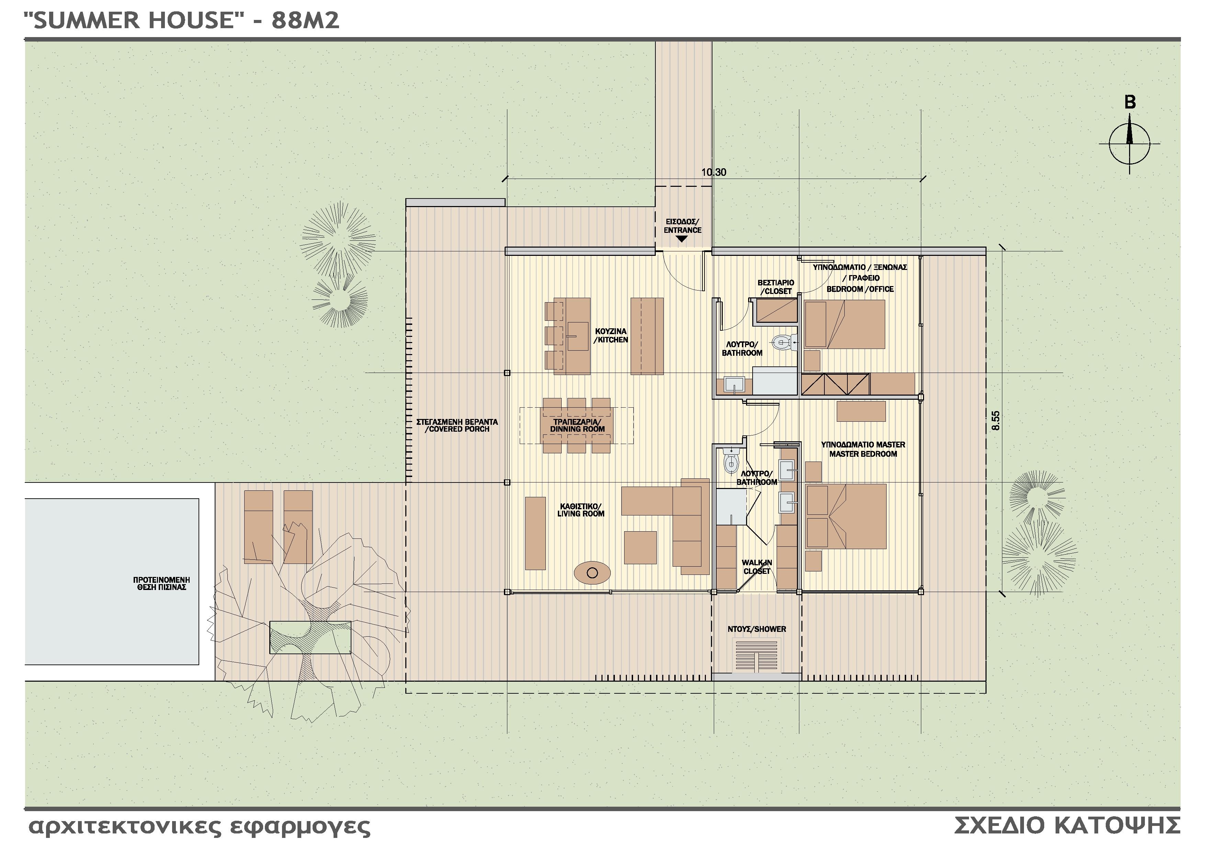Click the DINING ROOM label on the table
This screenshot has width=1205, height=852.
[x=577, y=426]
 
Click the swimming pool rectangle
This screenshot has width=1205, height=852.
[x=111, y=581]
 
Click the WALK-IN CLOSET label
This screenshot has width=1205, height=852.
[x=756, y=567]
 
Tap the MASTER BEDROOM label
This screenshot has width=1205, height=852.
[x=863, y=450]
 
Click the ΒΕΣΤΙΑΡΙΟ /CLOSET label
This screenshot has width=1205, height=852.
[x=776, y=287]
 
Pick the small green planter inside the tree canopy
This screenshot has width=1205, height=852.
[x=310, y=637]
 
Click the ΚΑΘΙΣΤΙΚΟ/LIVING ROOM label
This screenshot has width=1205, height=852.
[x=581, y=510]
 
